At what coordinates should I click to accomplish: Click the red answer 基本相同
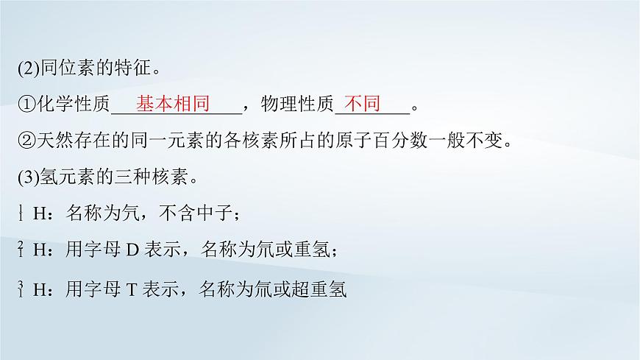[x=173, y=104]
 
